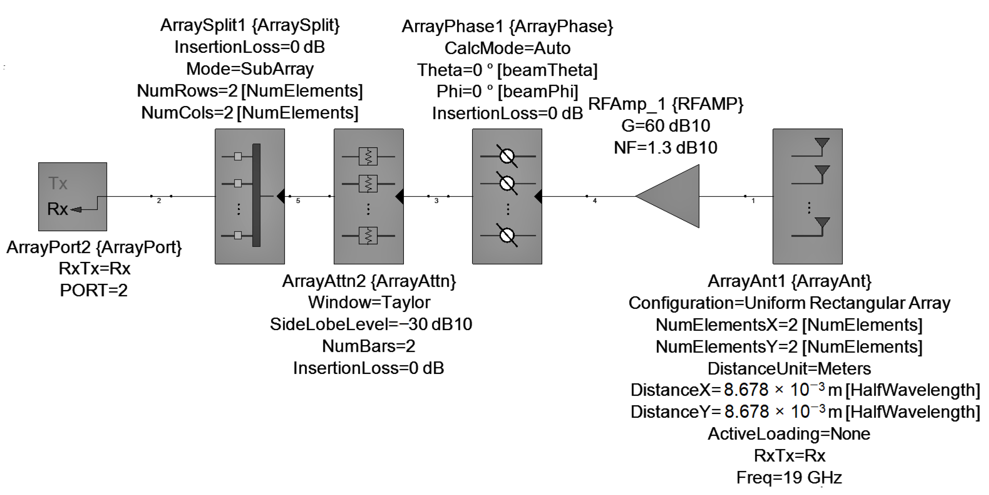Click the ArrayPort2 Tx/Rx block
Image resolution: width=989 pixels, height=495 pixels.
(x=72, y=197)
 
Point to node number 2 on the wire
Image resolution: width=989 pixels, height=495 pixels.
(x=159, y=200)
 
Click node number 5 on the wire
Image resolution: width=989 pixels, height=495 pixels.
(x=298, y=200)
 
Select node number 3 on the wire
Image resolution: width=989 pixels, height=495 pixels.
(x=436, y=200)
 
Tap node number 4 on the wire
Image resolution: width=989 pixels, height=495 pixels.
(x=595, y=200)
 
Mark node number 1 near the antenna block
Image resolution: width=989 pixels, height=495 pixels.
(x=753, y=200)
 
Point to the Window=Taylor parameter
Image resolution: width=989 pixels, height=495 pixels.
(x=369, y=302)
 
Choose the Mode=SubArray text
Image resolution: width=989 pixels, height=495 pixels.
(x=250, y=69)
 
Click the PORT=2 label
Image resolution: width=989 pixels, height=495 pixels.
(x=94, y=290)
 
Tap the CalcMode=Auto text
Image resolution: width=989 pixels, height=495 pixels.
(x=507, y=48)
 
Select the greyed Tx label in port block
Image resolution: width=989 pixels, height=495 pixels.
(x=58, y=183)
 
